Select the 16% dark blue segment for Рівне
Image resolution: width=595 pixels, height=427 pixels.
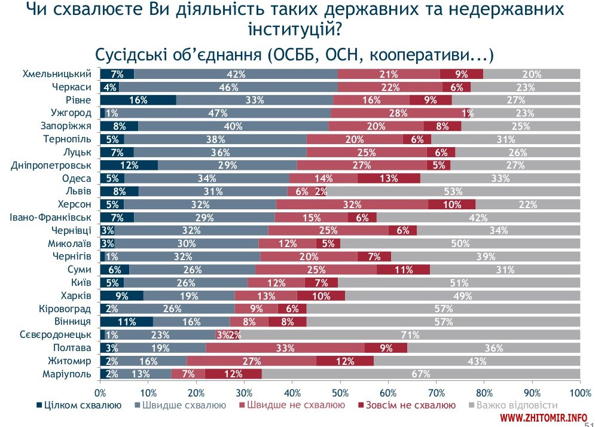pos(138,100)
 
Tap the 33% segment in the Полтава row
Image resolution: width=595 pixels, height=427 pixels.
pos(285,348)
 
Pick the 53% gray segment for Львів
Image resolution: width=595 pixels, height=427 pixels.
pos(453,191)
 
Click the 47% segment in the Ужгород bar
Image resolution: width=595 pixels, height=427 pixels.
pos(218,113)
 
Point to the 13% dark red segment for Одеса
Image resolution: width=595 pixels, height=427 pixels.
pos(389,178)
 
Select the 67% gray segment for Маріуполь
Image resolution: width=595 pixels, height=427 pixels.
pos(421,374)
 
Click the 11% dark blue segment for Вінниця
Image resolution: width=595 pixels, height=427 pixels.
pos(126,322)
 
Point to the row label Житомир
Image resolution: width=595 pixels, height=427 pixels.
pos(70,361)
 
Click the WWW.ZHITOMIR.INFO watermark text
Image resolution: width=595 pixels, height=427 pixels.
pos(544,417)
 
